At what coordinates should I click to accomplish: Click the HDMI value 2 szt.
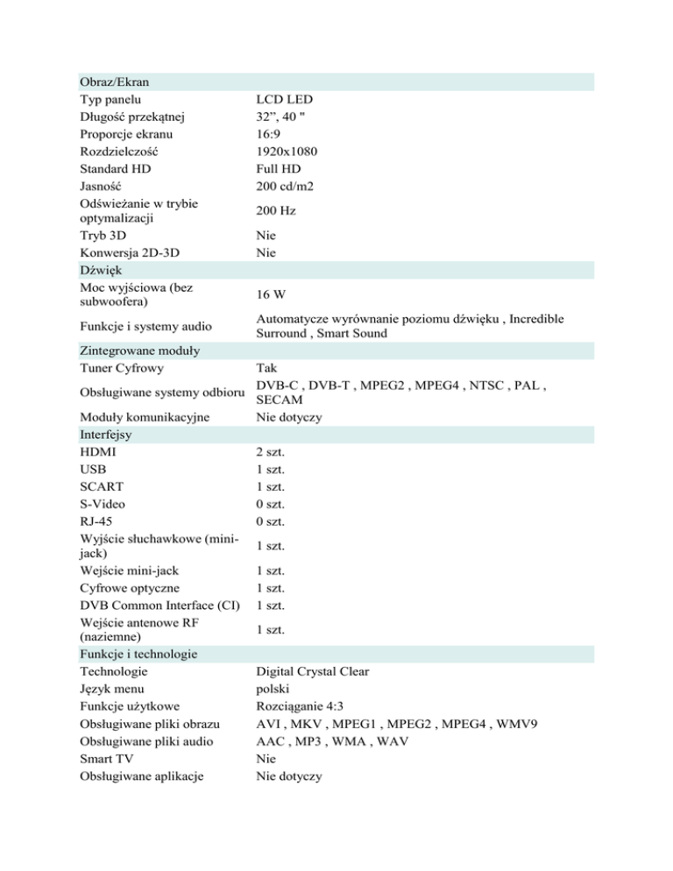point(270,451)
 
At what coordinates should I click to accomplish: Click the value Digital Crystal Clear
point(313,671)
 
